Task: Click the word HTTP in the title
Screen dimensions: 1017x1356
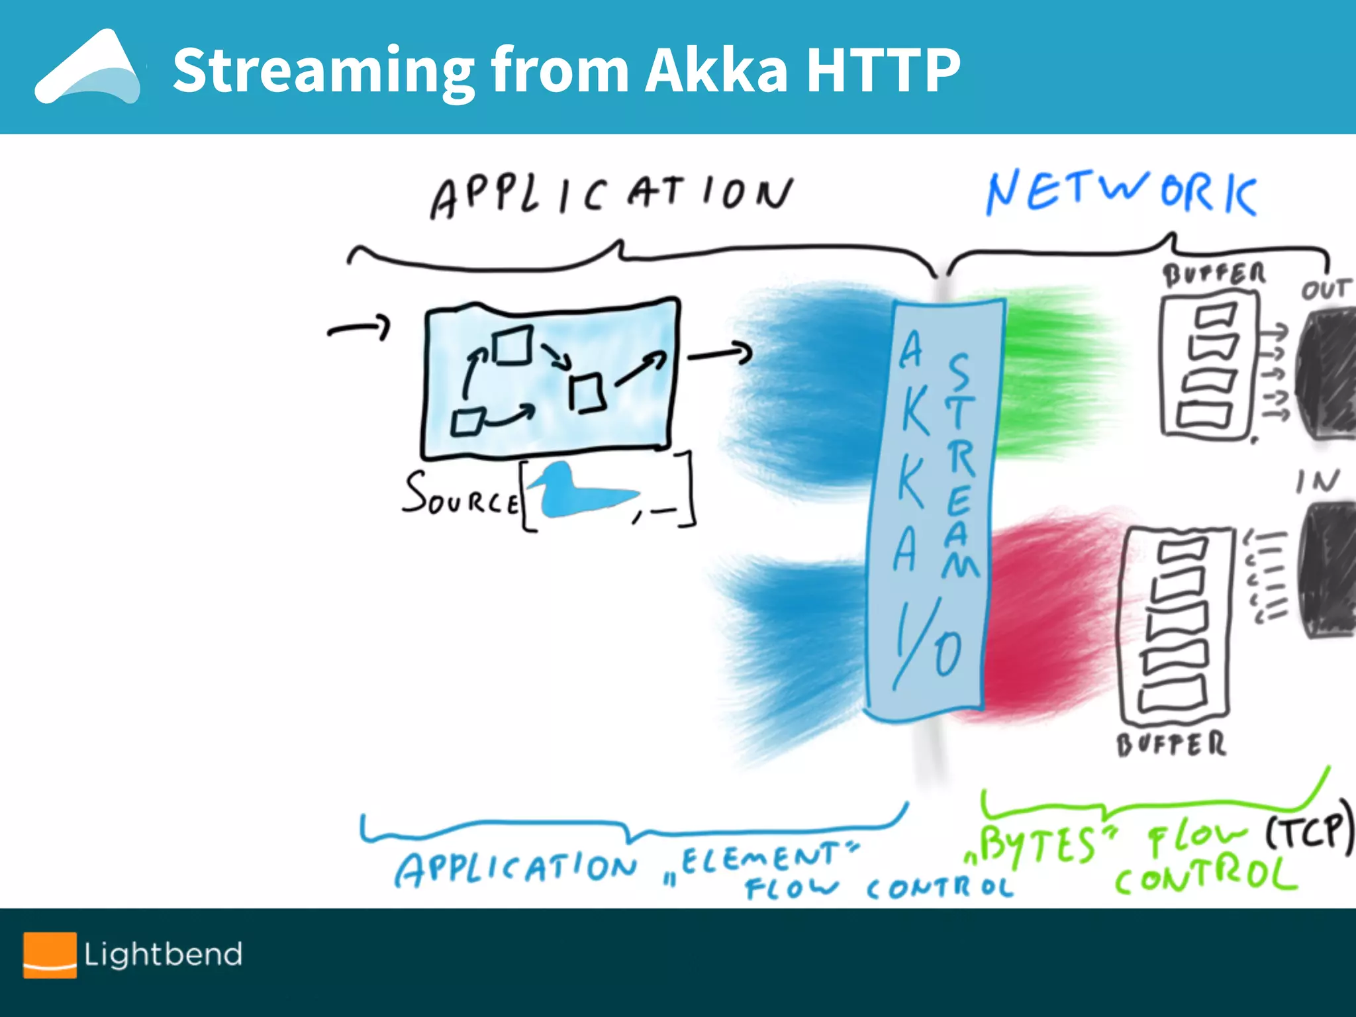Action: click(882, 70)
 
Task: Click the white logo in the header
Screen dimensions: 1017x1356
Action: click(88, 69)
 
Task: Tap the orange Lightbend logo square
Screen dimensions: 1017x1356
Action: click(50, 954)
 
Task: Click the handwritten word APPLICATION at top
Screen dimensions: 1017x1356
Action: click(610, 195)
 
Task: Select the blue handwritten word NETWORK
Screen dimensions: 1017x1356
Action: click(1120, 193)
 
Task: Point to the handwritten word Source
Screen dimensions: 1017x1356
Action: click(460, 495)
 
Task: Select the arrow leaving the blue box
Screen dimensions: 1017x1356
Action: click(720, 354)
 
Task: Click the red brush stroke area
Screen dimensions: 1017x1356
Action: click(1046, 609)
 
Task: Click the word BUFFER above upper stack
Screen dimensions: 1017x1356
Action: click(1214, 274)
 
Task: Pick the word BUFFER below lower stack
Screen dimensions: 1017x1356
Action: click(1171, 744)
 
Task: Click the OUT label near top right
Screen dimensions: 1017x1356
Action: click(1324, 289)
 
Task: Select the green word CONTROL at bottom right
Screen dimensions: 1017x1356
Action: click(1205, 877)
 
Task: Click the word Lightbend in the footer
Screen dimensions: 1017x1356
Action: click(163, 955)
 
